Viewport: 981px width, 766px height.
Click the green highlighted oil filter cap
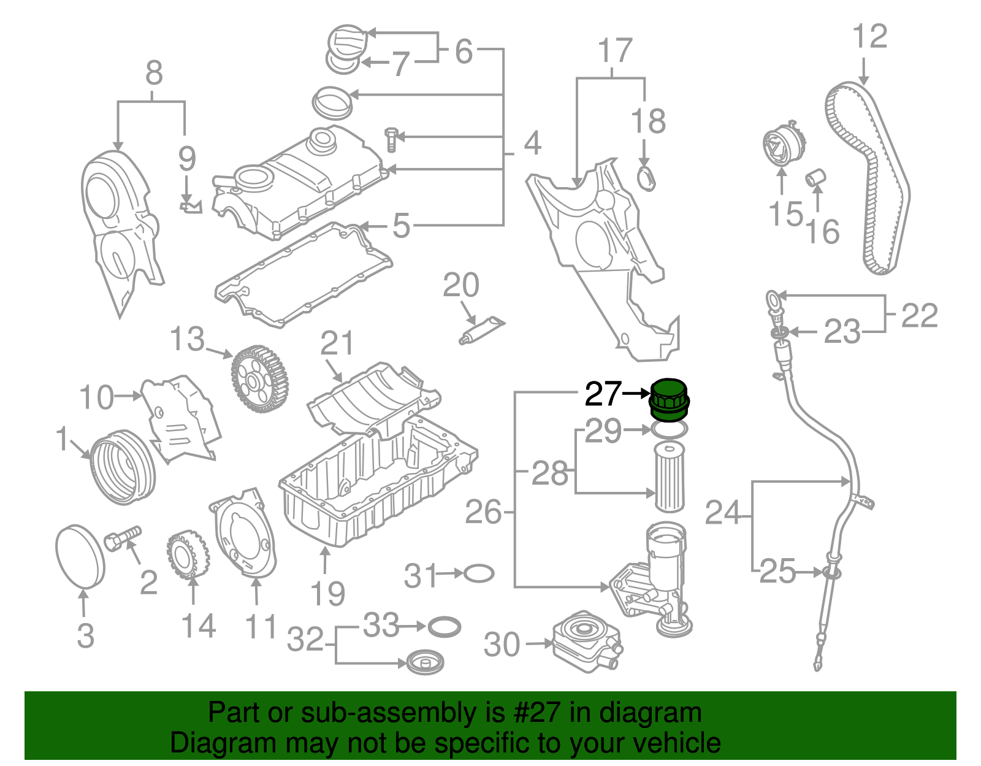point(669,400)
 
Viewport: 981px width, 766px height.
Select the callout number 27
point(603,394)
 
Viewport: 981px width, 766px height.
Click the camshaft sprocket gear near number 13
point(259,379)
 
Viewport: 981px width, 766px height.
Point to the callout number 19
point(327,593)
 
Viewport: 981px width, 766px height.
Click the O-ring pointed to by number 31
point(479,574)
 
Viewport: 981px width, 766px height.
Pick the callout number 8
point(154,74)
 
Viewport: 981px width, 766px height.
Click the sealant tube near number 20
point(483,329)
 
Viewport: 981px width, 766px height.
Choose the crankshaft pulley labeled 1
point(123,467)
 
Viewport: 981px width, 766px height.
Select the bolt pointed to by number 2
point(123,538)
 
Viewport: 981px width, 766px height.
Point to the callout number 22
point(919,315)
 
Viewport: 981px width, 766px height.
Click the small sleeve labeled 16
point(815,178)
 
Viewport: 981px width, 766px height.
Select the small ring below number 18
point(646,178)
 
